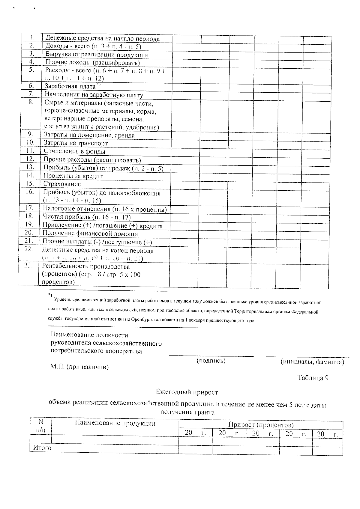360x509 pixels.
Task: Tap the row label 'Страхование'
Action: pyautogui.click(x=62, y=184)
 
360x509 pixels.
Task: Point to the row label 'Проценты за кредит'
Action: pyautogui.click(x=73, y=176)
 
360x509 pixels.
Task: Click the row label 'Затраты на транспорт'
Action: pyautogui.click(x=76, y=143)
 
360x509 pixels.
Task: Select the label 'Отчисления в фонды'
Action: pyautogui.click(x=74, y=151)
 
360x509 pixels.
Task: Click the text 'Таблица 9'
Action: pyautogui.click(x=313, y=378)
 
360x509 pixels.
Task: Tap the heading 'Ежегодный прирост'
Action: pyautogui.click(x=187, y=392)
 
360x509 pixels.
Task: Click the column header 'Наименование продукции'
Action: pyautogui.click(x=115, y=423)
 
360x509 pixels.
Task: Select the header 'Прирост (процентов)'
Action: pyautogui.click(x=261, y=425)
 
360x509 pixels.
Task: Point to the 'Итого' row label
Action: pyautogui.click(x=42, y=448)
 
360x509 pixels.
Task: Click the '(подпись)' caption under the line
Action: pyautogui.click(x=211, y=361)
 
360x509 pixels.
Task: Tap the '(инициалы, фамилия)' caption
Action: pyautogui.click(x=312, y=362)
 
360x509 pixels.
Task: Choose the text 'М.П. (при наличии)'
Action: pyautogui.click(x=79, y=367)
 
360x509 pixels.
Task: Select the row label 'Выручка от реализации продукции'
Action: pyautogui.click(x=97, y=55)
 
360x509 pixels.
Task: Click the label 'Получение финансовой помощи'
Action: pyautogui.click(x=90, y=234)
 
